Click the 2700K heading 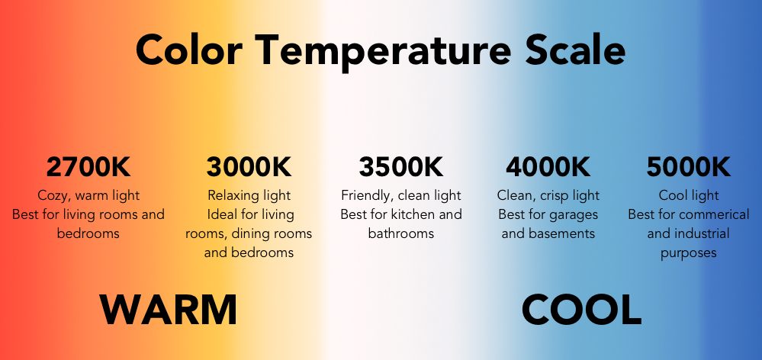tap(88, 167)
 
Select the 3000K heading tap(249, 167)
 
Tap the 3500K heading tap(401, 167)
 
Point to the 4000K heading tap(548, 167)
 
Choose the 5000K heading tap(689, 167)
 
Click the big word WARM tap(169, 310)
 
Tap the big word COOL tap(581, 310)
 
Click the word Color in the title tap(189, 50)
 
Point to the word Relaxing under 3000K tap(231, 196)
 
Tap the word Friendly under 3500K tap(367, 196)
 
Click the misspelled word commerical tap(714, 215)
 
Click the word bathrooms tap(401, 233)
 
